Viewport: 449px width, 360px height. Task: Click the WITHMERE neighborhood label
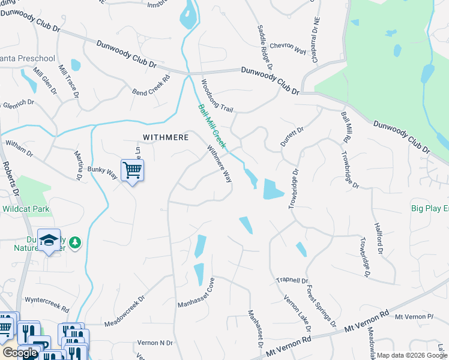pyautogui.click(x=165, y=137)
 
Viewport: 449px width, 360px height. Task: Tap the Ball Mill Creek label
pyautogui.click(x=212, y=127)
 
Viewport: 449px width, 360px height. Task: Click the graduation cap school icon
pyautogui.click(x=49, y=241)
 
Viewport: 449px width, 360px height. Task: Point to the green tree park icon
pyautogui.click(x=75, y=242)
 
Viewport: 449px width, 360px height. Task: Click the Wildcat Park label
pyautogui.click(x=25, y=211)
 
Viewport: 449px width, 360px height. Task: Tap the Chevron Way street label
pyautogui.click(x=288, y=49)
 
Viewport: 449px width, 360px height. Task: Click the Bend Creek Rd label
pyautogui.click(x=151, y=85)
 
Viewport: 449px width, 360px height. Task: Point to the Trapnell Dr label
pyautogui.click(x=292, y=280)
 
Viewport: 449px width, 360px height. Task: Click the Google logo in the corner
pyautogui.click(x=20, y=353)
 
